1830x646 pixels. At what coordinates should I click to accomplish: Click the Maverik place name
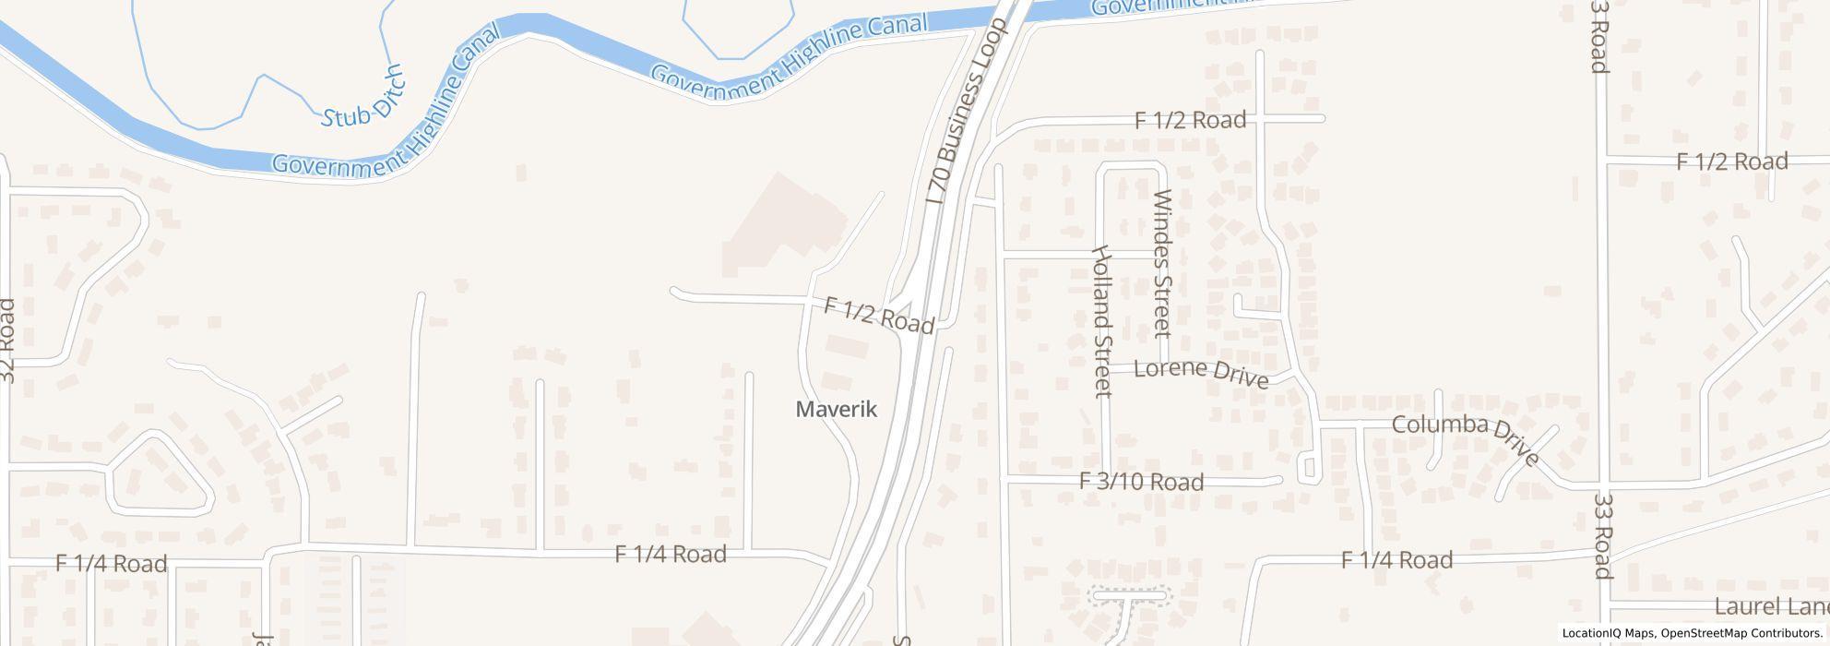point(836,409)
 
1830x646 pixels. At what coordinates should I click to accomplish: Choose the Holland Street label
point(1101,320)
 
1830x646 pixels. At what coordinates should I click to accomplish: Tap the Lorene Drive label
point(1200,372)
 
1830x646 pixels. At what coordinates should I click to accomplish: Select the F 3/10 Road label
point(1141,482)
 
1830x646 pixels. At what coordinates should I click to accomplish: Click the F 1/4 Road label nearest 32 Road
point(111,563)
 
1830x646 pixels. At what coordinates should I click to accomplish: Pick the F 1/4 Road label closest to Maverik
point(671,554)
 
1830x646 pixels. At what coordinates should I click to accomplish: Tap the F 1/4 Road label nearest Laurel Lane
point(1396,559)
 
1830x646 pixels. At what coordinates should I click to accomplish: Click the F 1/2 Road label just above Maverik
point(879,315)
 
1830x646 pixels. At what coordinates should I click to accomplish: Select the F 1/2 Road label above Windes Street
point(1190,119)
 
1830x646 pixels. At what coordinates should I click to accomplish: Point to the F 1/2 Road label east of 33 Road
point(1731,161)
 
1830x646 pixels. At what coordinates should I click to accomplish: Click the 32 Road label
point(7,340)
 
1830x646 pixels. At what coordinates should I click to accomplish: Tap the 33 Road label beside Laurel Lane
point(1602,535)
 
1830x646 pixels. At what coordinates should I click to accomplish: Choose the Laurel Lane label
point(1771,606)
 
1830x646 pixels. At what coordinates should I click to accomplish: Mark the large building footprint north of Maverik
point(784,226)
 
